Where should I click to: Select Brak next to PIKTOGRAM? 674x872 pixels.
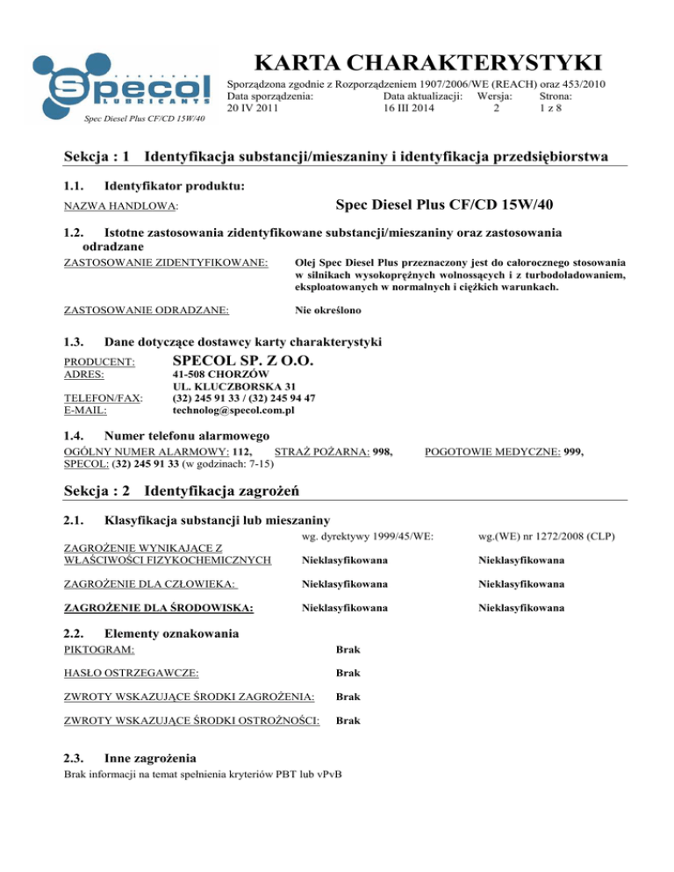coord(350,649)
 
